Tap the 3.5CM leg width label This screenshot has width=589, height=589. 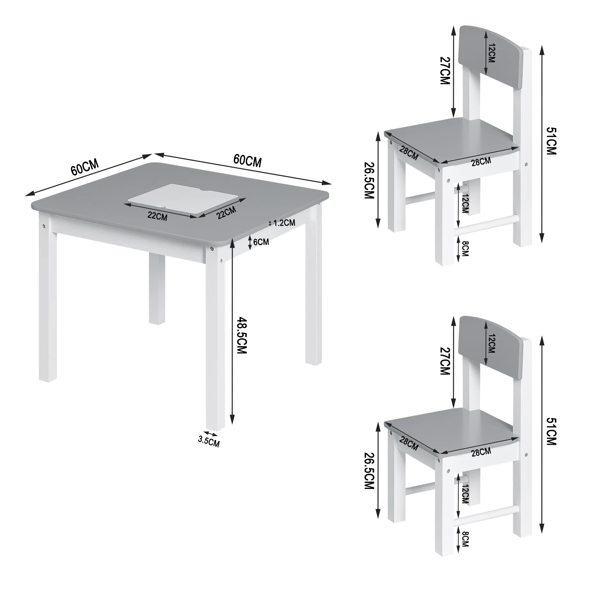209,441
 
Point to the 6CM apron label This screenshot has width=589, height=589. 261,242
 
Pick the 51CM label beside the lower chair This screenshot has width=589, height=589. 551,431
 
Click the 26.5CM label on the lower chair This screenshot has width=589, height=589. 369,472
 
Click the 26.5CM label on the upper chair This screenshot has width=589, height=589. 369,181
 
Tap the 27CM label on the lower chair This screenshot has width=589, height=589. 445,361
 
